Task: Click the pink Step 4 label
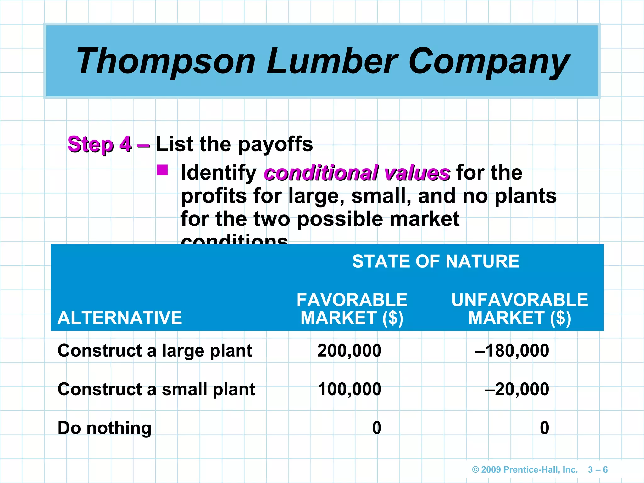(x=100, y=144)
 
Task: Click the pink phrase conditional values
(x=357, y=173)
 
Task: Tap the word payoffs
(x=275, y=144)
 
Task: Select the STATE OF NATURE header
(x=436, y=261)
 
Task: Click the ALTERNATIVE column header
(x=120, y=318)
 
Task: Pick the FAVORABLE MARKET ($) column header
(x=352, y=308)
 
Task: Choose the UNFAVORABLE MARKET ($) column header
(x=519, y=308)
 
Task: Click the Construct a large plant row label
(x=155, y=351)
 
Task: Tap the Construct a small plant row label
(x=156, y=389)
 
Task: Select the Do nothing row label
(x=104, y=428)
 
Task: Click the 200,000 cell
(x=349, y=351)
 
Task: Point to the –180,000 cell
(x=512, y=351)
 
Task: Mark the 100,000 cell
(x=349, y=389)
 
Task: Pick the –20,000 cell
(x=517, y=389)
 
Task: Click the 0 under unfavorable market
(x=544, y=428)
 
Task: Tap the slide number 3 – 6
(x=597, y=470)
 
